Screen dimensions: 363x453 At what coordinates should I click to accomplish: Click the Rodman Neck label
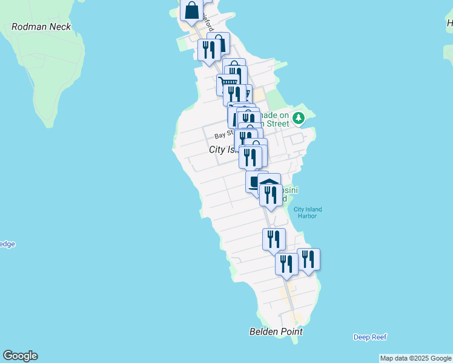click(41, 27)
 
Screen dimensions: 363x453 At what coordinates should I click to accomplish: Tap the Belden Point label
click(276, 332)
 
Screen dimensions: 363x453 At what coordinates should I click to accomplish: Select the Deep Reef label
click(370, 337)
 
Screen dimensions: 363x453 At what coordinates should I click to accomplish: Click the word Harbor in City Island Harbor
click(308, 216)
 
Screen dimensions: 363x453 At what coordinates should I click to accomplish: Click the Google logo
click(20, 356)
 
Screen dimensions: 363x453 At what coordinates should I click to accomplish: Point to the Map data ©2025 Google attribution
click(415, 358)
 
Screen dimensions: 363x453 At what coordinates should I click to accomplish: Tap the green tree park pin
click(298, 117)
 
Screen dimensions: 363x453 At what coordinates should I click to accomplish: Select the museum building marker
click(269, 181)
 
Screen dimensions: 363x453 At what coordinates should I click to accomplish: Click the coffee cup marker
click(254, 181)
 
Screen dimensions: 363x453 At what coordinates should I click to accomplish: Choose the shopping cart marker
click(226, 83)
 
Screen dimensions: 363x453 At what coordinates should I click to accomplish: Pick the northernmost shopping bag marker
click(192, 10)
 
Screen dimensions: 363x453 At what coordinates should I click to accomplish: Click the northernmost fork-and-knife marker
click(208, 49)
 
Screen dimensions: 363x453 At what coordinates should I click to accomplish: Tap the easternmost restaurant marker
click(308, 258)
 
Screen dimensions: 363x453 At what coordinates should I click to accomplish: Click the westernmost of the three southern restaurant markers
click(274, 238)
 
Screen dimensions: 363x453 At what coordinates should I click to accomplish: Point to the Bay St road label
click(222, 135)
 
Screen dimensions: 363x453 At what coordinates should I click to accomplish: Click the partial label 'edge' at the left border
click(7, 244)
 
